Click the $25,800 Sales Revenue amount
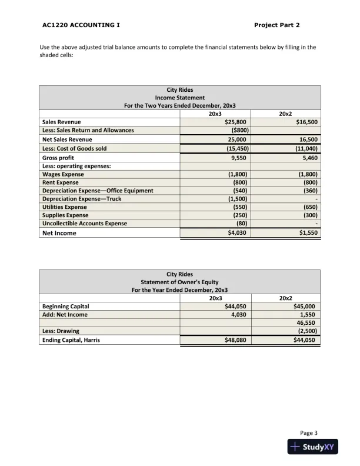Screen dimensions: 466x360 tap(236, 122)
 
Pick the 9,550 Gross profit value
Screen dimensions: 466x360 tap(238, 158)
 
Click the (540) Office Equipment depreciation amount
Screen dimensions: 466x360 tap(240, 191)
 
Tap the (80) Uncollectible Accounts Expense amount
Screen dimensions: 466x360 tap(241, 224)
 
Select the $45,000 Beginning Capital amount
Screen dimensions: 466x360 tap(306, 307)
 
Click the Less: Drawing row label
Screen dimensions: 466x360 tap(61, 331)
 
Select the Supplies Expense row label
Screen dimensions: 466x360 tap(65, 215)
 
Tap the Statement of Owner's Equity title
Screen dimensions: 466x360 tap(179, 282)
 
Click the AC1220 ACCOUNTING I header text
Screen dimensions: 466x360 tap(82, 25)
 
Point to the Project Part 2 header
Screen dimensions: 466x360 tap(277, 25)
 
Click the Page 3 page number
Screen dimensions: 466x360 tap(309, 432)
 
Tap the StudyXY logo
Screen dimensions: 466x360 tap(312, 447)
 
